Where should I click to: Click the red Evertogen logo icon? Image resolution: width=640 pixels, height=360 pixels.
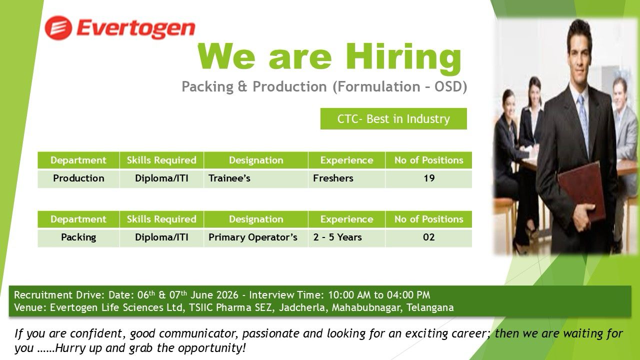pyautogui.click(x=58, y=28)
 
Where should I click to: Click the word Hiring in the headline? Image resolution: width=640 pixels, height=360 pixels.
pyautogui.click(x=403, y=57)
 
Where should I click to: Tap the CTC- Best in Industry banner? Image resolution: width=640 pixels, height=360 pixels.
pyautogui.click(x=393, y=118)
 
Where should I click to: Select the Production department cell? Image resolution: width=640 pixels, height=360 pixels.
pyautogui.click(x=78, y=178)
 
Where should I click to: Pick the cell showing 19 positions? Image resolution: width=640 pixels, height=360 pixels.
pyautogui.click(x=428, y=178)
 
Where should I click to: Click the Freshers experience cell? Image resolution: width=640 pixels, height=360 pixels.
pyautogui.click(x=346, y=178)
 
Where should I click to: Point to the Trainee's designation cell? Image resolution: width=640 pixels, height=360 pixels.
pyautogui.click(x=255, y=178)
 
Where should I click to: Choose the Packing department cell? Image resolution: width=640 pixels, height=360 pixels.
pyautogui.click(x=78, y=237)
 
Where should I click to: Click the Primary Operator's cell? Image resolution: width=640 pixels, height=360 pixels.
pyautogui.click(x=255, y=237)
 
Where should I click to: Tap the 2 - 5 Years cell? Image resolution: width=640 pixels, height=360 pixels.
pyautogui.click(x=346, y=237)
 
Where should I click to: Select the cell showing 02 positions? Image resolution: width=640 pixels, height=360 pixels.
pyautogui.click(x=428, y=237)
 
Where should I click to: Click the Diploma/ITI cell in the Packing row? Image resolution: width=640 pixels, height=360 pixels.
pyautogui.click(x=161, y=237)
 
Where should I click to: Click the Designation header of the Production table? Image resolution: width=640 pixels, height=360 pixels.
pyautogui.click(x=255, y=160)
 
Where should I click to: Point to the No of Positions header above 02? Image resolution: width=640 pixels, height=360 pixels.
pyautogui.click(x=428, y=219)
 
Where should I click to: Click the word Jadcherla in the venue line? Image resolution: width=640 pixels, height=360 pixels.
pyautogui.click(x=302, y=307)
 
